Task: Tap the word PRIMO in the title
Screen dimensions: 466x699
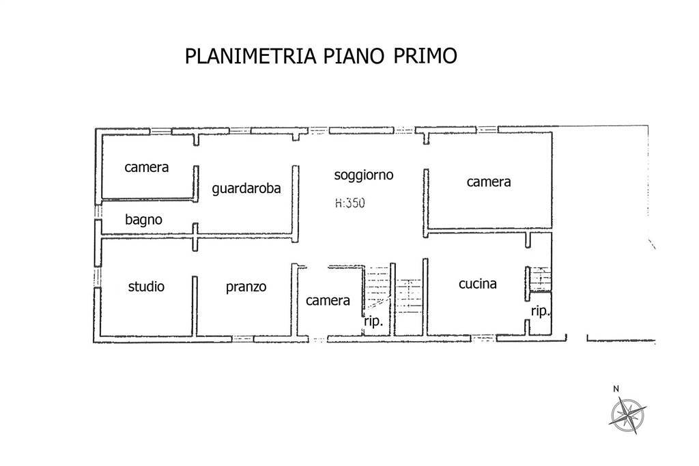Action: coord(425,56)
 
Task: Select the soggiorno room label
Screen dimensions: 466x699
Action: coord(364,175)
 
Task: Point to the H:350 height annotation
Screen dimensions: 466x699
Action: coord(350,203)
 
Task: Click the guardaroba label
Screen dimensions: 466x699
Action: coord(246,189)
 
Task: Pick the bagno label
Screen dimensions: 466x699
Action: coord(143,220)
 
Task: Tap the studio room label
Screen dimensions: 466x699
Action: coord(146,287)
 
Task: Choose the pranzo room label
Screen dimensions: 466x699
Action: coord(246,287)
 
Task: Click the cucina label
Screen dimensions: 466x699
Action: coord(477,285)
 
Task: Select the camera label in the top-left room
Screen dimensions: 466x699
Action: coord(146,167)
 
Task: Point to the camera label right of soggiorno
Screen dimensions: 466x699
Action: coord(489,182)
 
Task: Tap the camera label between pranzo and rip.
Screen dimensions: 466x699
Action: coord(328,300)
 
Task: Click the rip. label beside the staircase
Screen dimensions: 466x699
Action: coord(373,322)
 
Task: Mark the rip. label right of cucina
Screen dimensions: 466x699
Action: coord(541,311)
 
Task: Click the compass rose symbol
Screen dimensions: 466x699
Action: coord(627,413)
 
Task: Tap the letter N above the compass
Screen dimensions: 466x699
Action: coord(616,389)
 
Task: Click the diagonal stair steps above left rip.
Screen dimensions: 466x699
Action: coord(377,289)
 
